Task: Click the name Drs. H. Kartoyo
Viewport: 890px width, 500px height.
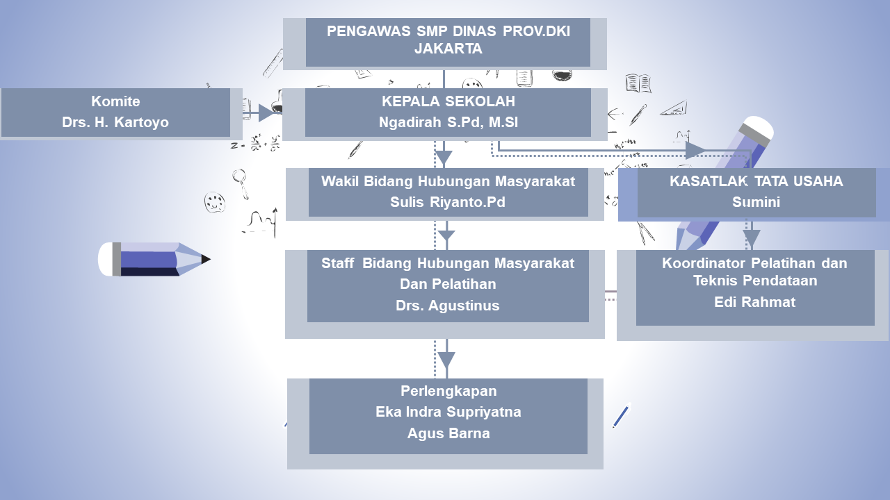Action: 115,123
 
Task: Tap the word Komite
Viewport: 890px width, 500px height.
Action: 115,101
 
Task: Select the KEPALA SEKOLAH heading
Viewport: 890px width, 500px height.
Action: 448,101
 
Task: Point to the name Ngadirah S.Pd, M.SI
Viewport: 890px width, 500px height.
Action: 448,123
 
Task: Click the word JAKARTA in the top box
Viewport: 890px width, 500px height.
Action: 448,49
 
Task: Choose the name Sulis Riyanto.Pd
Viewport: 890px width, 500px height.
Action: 448,203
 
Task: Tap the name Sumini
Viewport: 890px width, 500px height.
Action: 756,203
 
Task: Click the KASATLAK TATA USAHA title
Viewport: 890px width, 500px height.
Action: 756,181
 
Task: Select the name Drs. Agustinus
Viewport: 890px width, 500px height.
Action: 448,306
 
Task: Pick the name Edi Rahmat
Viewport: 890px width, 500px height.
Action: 754,302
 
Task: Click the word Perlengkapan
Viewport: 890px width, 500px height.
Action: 448,390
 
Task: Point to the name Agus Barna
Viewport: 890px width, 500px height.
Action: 448,434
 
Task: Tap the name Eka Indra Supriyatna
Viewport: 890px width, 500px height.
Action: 448,412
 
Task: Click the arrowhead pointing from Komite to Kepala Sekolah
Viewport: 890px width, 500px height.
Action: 266,112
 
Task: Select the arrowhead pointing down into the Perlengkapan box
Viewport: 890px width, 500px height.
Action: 446,360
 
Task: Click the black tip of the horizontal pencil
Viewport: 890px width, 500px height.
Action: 206,260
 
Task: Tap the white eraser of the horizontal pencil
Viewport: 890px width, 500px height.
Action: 105,259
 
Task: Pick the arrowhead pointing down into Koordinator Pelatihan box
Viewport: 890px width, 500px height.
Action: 751,238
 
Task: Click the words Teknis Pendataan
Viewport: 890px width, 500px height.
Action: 754,281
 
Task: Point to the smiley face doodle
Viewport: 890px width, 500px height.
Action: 215,203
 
